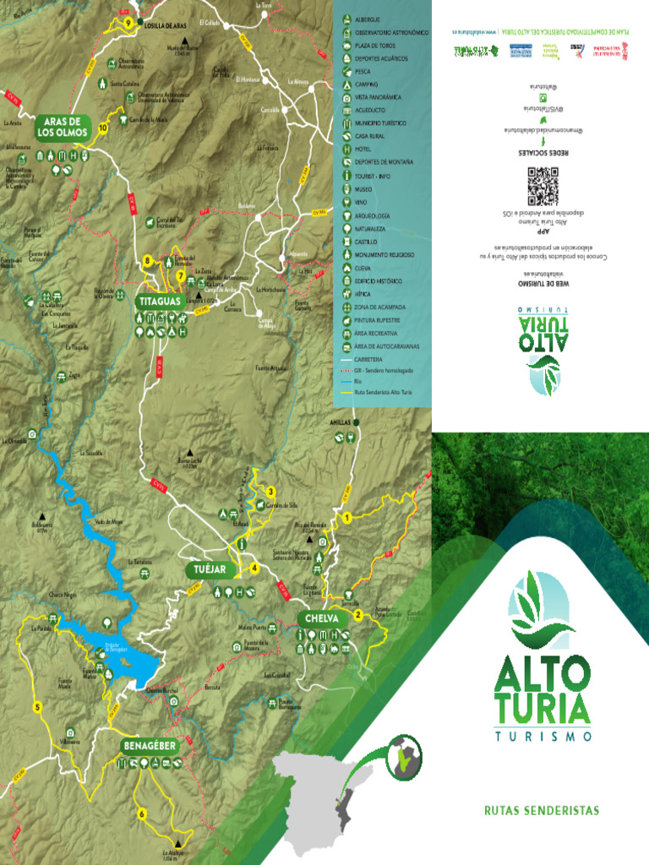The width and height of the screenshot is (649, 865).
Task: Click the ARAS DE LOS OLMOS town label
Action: coord(63,128)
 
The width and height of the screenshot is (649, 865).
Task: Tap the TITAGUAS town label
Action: coord(158,300)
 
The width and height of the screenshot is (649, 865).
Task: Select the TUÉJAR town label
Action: coord(209,570)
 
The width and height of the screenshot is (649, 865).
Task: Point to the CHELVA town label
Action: coord(322,618)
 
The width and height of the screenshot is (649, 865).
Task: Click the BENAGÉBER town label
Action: coord(149,747)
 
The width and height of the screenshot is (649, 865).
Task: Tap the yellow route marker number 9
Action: coord(128,23)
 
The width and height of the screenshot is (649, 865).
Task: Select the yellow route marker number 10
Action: coord(103,128)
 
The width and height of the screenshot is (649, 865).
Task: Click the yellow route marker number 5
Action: coord(37,707)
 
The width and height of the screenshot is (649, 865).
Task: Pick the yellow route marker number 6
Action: coord(142,813)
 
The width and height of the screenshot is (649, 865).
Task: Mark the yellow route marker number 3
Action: coord(270,492)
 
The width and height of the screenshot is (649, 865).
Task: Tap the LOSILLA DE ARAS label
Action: coord(165,26)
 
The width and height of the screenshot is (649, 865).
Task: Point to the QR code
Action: coord(543,186)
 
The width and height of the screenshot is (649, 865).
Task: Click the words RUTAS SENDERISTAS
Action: coord(541,811)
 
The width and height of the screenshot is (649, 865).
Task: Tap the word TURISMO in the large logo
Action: coord(542,736)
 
